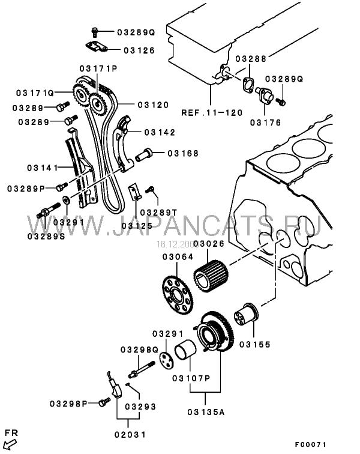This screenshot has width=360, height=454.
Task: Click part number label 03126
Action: (x=139, y=50)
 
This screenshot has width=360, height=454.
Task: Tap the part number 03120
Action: (x=152, y=104)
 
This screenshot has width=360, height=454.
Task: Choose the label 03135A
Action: (x=206, y=413)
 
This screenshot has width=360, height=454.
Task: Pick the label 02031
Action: (x=130, y=434)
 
